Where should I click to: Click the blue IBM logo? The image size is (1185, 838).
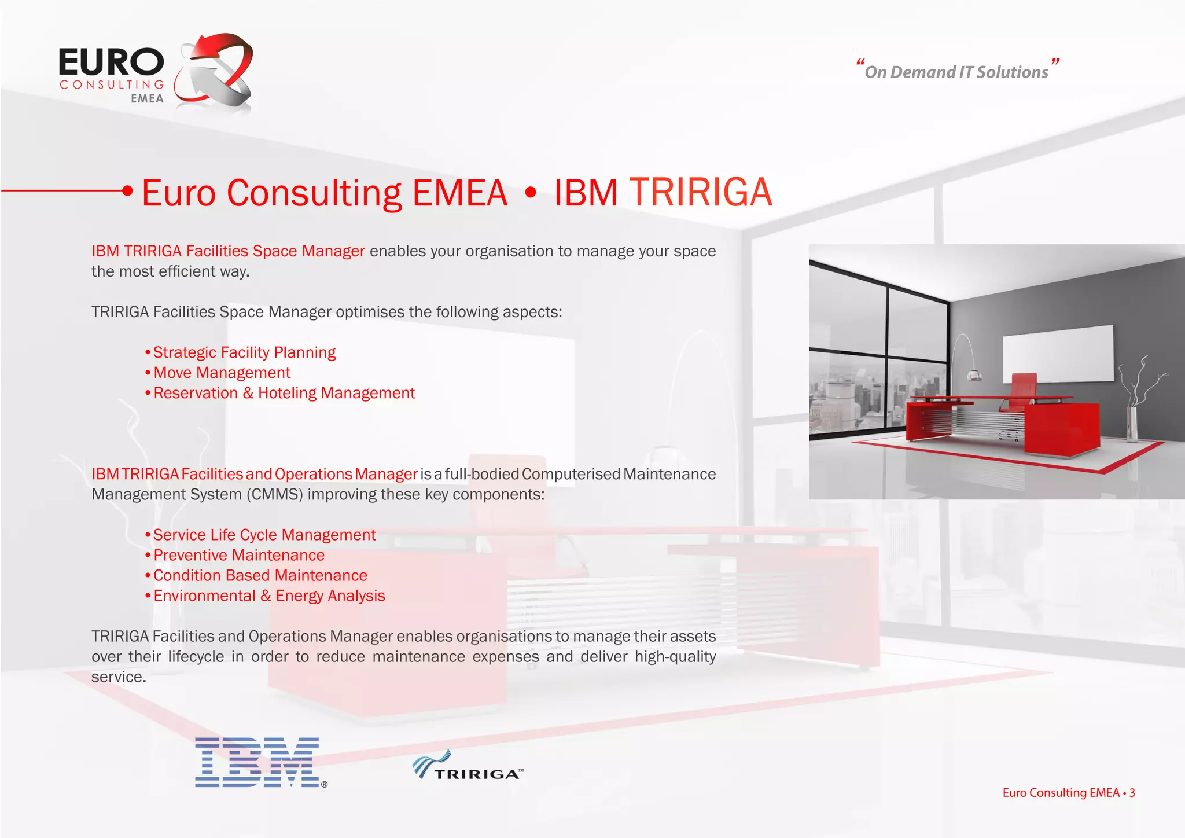(x=257, y=762)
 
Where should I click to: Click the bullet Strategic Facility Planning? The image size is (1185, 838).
(x=244, y=352)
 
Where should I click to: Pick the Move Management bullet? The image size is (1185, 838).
(x=222, y=373)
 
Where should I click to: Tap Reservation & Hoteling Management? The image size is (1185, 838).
(x=284, y=393)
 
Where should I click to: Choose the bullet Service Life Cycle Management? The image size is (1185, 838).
(x=264, y=535)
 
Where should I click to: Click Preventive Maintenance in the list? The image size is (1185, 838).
(x=238, y=555)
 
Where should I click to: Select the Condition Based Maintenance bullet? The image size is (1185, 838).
(x=260, y=575)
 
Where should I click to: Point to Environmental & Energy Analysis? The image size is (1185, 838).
(x=268, y=596)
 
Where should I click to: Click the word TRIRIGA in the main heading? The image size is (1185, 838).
(x=700, y=192)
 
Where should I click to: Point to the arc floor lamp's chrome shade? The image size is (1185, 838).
(x=974, y=375)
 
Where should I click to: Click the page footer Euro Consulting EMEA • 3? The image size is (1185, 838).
(x=1068, y=793)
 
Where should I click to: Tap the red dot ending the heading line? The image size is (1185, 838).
(x=128, y=190)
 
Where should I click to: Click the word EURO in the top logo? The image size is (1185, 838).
(x=111, y=63)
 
